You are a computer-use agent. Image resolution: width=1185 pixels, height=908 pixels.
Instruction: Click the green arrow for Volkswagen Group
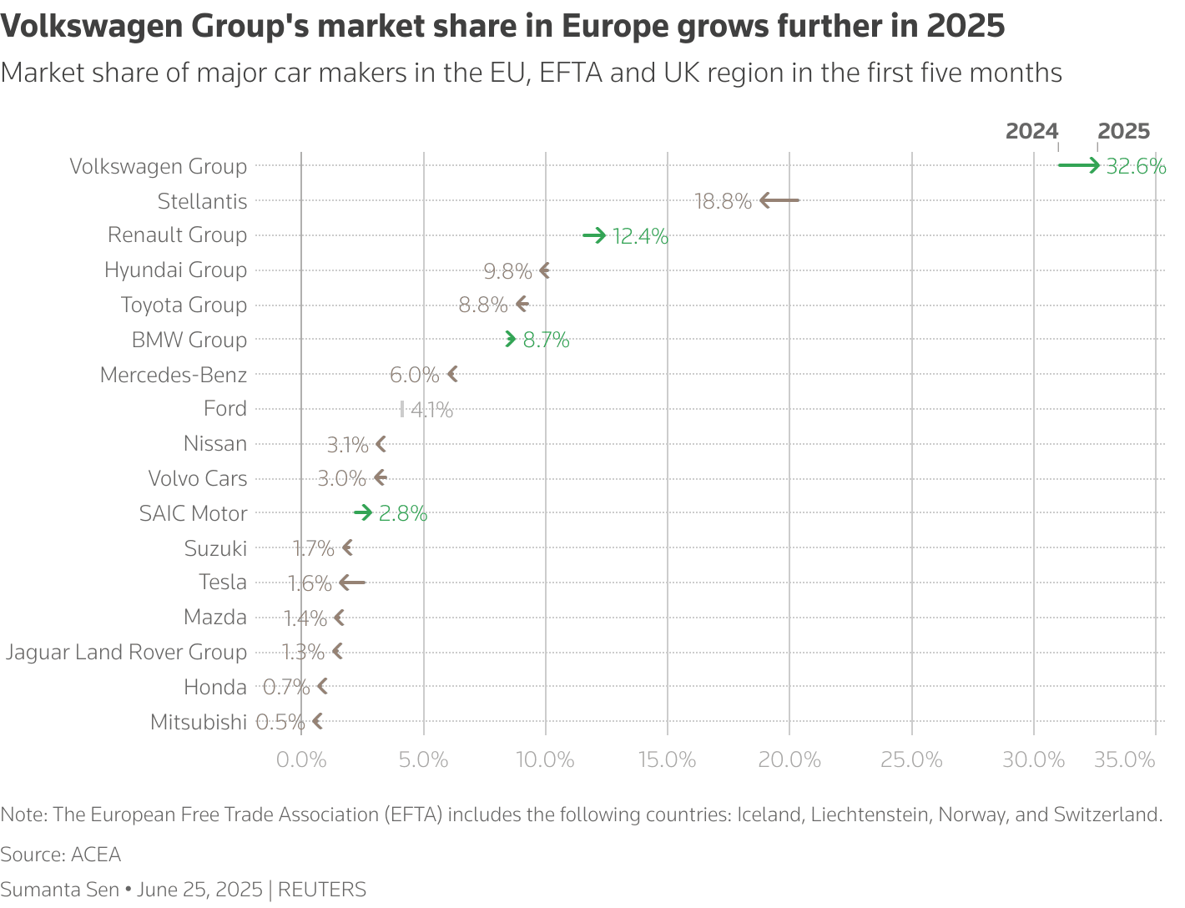1079,165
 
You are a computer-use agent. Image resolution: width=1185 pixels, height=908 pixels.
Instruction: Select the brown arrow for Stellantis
779,200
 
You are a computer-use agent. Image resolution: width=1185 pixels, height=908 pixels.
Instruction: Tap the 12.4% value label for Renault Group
640,236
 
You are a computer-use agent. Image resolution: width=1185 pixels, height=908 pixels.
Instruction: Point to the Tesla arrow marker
352,583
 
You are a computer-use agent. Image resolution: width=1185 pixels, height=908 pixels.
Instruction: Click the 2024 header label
1031,131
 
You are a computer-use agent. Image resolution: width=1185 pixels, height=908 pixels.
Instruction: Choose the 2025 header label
1123,131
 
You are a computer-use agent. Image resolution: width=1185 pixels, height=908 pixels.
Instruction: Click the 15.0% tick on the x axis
668,760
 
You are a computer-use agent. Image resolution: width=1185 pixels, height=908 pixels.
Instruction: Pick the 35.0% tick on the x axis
1124,760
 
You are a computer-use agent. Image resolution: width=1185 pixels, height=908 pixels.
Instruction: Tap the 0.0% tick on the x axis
301,760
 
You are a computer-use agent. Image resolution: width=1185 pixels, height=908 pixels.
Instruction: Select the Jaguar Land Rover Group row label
126,652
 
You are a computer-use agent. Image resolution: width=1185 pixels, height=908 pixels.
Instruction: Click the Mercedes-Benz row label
174,375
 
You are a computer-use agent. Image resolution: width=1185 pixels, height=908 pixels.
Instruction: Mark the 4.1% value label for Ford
431,410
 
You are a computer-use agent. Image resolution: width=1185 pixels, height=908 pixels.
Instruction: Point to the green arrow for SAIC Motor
363,512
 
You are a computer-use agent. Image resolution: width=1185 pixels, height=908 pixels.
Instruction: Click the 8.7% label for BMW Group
546,340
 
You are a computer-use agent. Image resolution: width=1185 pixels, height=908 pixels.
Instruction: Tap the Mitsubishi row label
199,722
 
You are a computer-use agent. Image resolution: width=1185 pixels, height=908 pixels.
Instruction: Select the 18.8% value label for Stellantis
723,201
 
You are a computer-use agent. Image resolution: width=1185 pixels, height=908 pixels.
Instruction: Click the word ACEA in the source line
96,855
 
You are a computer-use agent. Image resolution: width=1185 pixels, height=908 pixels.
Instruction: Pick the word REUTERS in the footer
322,890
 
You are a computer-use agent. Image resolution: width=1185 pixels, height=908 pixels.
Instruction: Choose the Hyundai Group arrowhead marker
545,270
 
